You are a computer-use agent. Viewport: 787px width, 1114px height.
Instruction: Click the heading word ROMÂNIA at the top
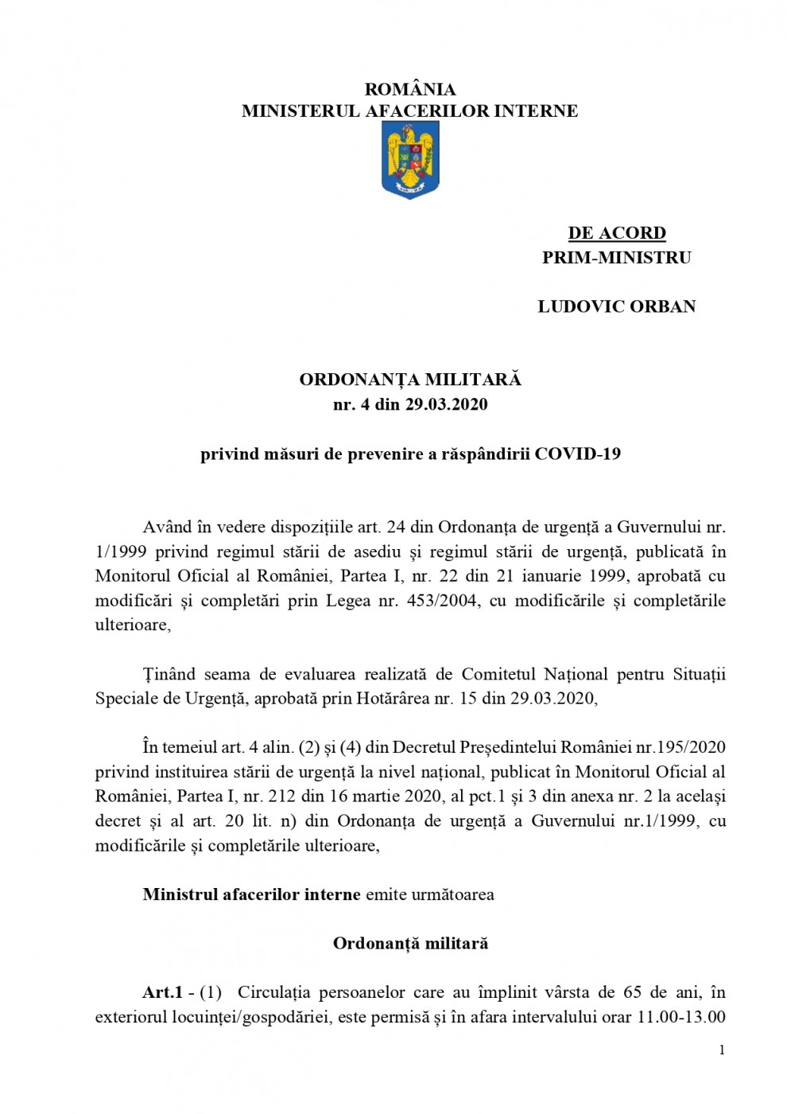click(410, 89)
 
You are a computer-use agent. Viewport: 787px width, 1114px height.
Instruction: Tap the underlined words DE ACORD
click(617, 233)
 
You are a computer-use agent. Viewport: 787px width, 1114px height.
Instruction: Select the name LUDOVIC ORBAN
click(617, 306)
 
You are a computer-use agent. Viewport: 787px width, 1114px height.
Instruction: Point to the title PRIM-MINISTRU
click(617, 257)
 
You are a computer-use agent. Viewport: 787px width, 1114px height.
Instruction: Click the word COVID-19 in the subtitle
click(578, 454)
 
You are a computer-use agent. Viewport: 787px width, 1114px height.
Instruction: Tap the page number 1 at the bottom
click(722, 1050)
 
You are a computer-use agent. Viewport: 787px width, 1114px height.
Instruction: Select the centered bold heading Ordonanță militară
click(410, 944)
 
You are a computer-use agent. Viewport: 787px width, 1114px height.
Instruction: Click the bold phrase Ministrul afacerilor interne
click(252, 894)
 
